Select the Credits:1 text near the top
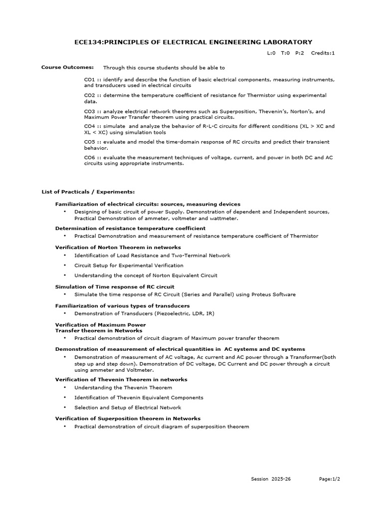[323, 53]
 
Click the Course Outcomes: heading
[67, 67]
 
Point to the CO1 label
[89, 79]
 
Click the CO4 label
[89, 126]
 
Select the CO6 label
[89, 157]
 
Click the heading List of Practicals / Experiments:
[88, 192]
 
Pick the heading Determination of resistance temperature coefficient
[130, 228]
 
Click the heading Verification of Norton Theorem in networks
[118, 247]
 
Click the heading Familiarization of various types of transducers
[122, 305]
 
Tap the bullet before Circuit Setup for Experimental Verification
[65, 265]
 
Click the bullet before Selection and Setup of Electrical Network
[65, 407]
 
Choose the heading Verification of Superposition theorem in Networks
[128, 418]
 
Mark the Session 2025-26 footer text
[271, 479]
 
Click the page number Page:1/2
[330, 479]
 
